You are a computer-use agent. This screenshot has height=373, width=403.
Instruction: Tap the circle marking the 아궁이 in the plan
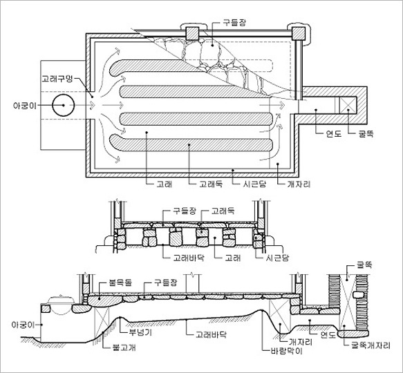coord(63,105)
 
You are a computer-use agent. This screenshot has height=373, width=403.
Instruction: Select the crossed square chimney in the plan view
coord(348,105)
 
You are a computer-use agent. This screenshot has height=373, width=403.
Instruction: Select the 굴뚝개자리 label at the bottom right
coord(371,345)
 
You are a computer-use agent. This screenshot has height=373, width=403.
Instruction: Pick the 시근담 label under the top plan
coord(254,184)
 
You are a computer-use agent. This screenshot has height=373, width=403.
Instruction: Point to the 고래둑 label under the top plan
coord(211,184)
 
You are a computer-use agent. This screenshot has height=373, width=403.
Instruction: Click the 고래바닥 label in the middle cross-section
coord(189,258)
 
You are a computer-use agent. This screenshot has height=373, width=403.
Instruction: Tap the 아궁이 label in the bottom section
coord(23,325)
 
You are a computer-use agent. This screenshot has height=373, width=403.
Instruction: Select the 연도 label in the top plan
coord(334,133)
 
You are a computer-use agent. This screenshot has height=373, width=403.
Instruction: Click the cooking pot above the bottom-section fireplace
coord(62,305)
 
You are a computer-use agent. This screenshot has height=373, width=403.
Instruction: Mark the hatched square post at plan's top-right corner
coord(299,34)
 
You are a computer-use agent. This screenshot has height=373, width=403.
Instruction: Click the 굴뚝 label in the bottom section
coord(364,265)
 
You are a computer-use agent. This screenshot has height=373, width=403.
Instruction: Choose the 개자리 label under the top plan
coord(299,184)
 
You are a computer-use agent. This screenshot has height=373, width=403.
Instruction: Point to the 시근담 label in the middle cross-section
coord(277,258)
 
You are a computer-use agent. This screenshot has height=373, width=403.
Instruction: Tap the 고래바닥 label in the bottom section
coord(211,334)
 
